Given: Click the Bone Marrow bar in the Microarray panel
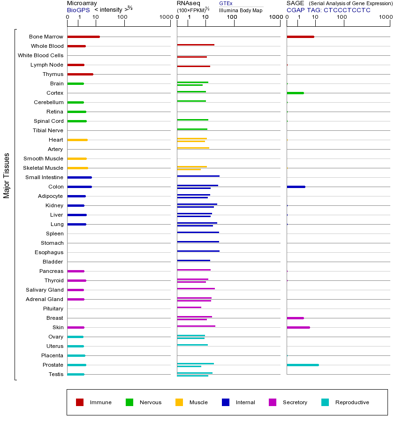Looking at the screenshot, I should (84, 37).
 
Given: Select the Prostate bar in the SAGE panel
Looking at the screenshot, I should (303, 365).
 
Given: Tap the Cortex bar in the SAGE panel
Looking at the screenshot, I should (295, 93).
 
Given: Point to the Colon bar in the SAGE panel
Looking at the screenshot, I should (296, 187).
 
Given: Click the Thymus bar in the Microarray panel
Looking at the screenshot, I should (80, 74).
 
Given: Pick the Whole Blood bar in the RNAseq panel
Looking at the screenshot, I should (196, 45).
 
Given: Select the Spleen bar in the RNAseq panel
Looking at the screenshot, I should (198, 232).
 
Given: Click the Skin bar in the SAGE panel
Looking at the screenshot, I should (298, 327).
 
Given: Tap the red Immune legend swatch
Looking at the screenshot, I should (80, 402).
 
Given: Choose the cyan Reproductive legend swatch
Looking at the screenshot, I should (325, 402).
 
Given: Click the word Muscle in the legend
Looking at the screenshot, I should (198, 402).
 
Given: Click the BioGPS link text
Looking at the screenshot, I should (77, 10).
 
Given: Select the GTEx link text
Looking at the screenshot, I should (226, 3).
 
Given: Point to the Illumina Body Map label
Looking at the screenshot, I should (241, 10).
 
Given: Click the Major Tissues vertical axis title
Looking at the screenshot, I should (7, 175).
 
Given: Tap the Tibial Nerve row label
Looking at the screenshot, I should (48, 130).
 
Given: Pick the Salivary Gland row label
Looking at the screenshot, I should (45, 290).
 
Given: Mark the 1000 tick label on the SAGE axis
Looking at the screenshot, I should (385, 17).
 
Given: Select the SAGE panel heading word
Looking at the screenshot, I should (295, 3).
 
